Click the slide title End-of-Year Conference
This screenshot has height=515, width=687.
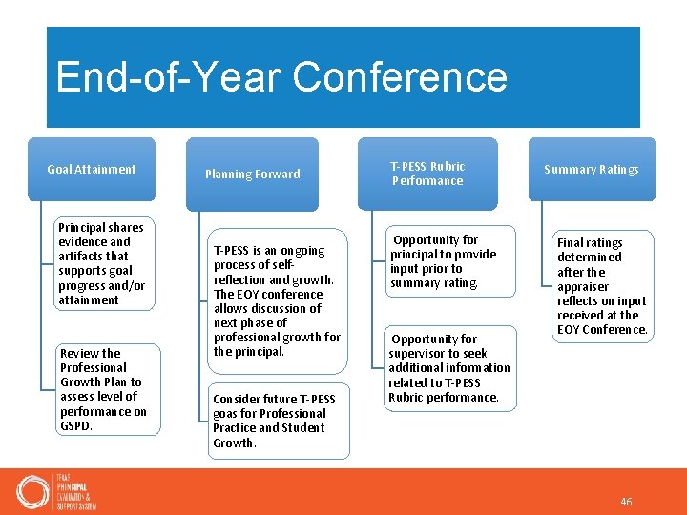click(x=281, y=77)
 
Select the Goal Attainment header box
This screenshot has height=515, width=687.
click(x=92, y=170)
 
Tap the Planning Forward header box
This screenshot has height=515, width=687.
click(x=252, y=175)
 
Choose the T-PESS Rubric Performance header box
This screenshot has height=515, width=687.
click(x=427, y=174)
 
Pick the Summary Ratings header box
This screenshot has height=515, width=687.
click(x=592, y=170)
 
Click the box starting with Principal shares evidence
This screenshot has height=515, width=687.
click(x=101, y=263)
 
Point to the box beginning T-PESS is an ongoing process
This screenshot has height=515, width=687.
click(x=277, y=300)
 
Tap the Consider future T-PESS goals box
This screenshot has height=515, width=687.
click(x=277, y=421)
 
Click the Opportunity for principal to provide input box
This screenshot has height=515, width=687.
click(x=442, y=261)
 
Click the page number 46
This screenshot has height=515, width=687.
click(x=626, y=502)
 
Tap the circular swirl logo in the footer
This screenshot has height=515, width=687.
click(x=33, y=491)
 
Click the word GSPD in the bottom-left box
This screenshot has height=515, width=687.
click(x=75, y=426)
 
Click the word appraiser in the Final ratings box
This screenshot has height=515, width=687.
click(x=582, y=286)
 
